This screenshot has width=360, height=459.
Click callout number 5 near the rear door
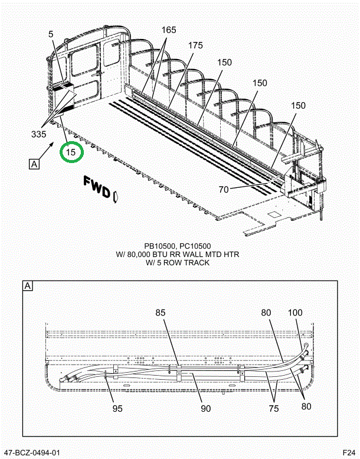click(51, 35)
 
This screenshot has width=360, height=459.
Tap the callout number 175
click(195, 45)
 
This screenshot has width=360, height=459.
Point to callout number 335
click(39, 135)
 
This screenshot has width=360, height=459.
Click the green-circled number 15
click(71, 152)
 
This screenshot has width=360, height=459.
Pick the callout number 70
click(224, 189)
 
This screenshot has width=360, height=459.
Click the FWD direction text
click(97, 186)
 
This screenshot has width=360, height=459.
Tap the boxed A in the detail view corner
click(28, 287)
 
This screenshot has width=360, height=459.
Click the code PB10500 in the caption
click(162, 246)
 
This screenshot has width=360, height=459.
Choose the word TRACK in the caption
click(197, 263)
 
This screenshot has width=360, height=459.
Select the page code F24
click(348, 453)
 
